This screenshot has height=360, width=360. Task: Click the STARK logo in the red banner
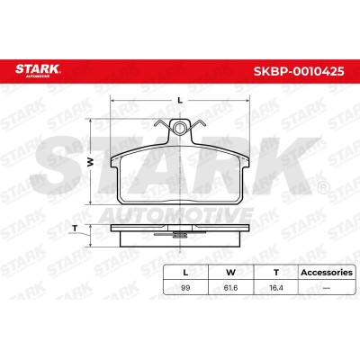point(38,71)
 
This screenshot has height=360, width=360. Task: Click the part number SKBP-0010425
point(299,71)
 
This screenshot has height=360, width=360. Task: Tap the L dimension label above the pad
point(180,101)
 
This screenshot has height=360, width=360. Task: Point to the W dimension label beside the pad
point(90,162)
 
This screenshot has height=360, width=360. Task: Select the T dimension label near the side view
point(75,229)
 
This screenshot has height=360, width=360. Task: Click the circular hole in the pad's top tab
point(179,128)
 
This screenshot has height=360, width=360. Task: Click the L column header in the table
point(185,273)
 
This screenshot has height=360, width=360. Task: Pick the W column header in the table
point(230,273)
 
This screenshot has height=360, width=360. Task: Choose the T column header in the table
point(276,273)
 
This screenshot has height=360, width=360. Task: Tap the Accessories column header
point(327,273)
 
